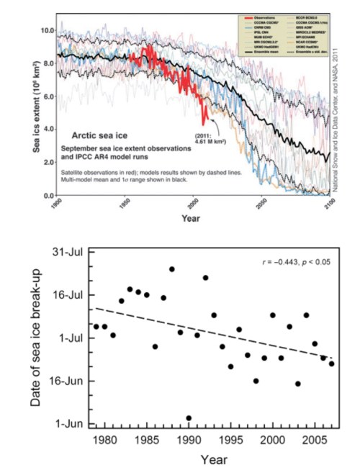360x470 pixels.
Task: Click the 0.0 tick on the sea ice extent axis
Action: click(48, 196)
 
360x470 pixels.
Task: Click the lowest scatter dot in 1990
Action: click(189, 418)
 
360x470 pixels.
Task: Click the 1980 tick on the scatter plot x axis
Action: click(104, 438)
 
